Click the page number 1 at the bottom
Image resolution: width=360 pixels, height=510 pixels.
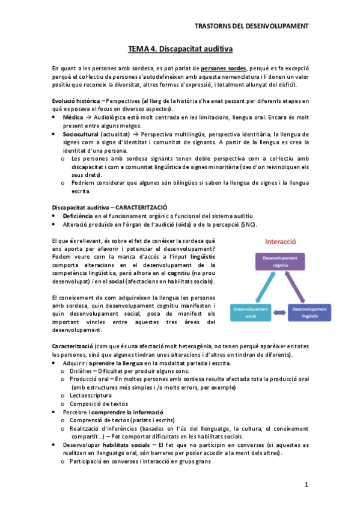[306, 485]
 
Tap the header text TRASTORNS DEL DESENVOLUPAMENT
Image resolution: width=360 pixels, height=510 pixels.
[252, 26]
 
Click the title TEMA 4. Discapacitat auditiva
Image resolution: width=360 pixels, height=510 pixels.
[180, 48]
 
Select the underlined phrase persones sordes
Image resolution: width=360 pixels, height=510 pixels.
[223, 68]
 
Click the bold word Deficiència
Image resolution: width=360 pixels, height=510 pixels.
[78, 216]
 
